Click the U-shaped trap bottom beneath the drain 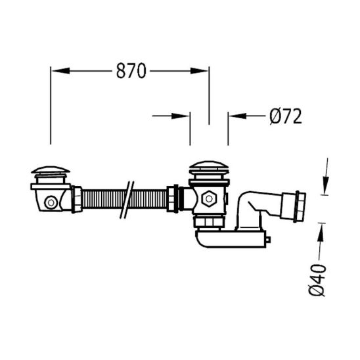[230, 240]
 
